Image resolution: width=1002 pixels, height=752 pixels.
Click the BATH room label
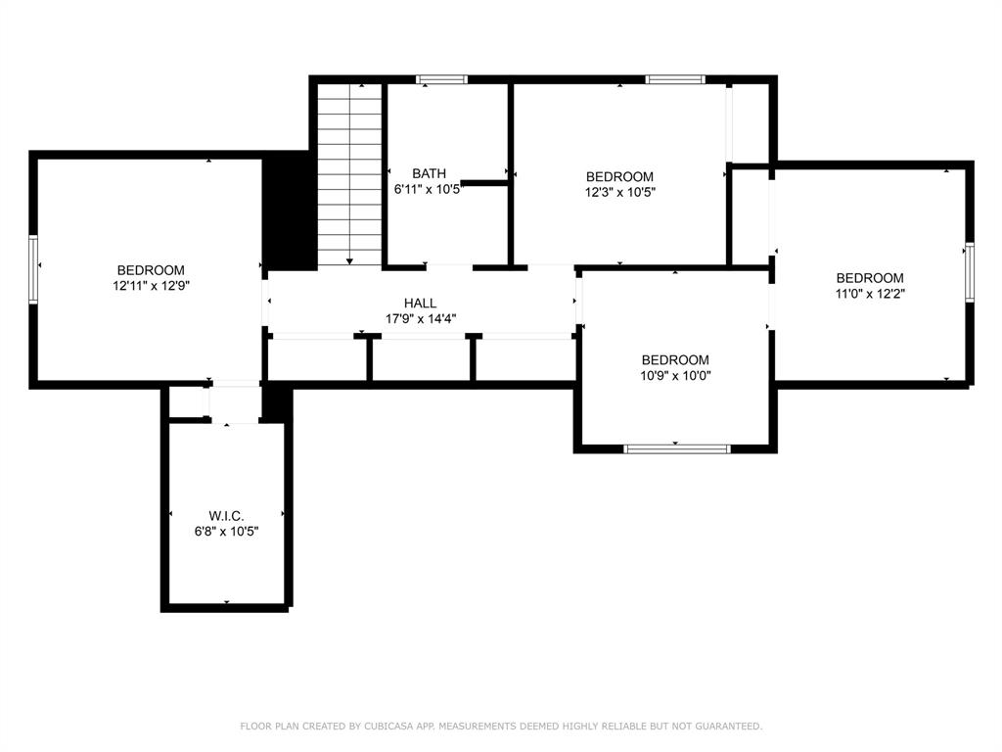(x=429, y=173)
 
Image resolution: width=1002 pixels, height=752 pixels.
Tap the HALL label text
(x=421, y=304)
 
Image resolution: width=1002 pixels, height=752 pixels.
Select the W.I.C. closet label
(x=226, y=516)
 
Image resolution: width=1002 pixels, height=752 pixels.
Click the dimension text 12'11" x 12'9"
(x=152, y=286)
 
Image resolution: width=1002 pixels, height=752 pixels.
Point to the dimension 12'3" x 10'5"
(x=619, y=192)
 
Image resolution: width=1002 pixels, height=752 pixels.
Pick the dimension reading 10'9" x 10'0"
(x=675, y=375)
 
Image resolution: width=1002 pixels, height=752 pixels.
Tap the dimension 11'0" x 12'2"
(x=870, y=294)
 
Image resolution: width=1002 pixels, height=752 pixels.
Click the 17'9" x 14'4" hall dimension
(x=421, y=318)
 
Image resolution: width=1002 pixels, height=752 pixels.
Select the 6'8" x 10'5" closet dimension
(x=226, y=532)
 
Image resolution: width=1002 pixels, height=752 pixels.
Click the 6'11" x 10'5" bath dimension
(x=428, y=189)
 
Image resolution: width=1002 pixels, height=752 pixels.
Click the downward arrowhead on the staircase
(x=349, y=260)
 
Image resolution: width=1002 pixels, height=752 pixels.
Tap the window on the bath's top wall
(x=441, y=80)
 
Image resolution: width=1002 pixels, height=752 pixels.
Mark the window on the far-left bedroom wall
(x=33, y=268)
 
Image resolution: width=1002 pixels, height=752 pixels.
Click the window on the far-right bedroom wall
(x=970, y=272)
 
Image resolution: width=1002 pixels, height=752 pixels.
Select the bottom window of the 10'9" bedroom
(x=677, y=448)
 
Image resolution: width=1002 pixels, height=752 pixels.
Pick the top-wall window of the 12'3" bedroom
(x=675, y=80)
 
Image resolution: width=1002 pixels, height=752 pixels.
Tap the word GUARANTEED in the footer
(x=728, y=726)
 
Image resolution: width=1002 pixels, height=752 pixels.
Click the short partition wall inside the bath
(x=483, y=183)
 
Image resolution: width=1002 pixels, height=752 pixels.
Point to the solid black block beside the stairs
(x=290, y=211)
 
